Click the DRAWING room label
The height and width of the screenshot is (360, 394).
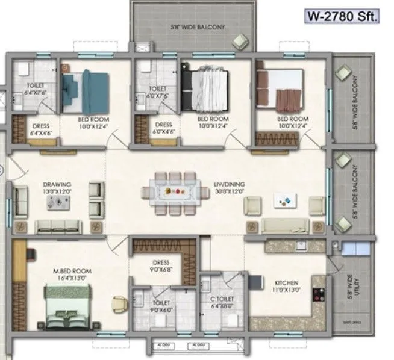tap(58, 185)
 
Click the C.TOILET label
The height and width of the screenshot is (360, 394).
tap(222, 298)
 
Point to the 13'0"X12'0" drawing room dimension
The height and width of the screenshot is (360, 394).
tap(58, 191)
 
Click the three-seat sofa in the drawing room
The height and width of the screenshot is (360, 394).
tap(58, 226)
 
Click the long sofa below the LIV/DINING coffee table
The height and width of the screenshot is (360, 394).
tap(284, 226)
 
